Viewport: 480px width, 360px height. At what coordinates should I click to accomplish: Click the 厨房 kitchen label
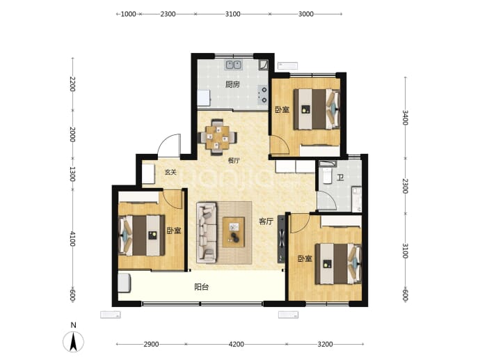232,84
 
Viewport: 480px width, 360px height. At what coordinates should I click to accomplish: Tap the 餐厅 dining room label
234,160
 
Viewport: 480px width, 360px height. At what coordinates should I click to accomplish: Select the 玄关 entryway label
170,172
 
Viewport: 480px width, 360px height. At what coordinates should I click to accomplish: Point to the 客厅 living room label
266,221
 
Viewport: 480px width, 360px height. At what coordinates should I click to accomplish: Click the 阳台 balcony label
202,287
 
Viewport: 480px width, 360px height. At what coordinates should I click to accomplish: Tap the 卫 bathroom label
340,178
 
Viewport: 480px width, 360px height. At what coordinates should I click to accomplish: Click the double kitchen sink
234,65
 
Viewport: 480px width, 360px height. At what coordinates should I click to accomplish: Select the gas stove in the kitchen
264,95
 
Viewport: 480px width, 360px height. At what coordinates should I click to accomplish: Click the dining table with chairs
217,137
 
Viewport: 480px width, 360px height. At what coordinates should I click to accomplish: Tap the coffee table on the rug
234,232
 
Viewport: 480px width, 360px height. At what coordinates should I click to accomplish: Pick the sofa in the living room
207,233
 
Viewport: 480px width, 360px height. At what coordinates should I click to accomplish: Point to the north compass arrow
73,342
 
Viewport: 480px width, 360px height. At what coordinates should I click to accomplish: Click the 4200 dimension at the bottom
237,344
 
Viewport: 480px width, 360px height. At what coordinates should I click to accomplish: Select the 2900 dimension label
151,344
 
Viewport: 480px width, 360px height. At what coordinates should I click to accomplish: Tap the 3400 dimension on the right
405,118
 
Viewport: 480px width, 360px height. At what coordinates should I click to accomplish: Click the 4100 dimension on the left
72,239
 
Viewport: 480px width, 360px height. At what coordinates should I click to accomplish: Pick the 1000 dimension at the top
128,14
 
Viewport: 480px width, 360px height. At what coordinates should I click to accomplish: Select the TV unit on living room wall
281,239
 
